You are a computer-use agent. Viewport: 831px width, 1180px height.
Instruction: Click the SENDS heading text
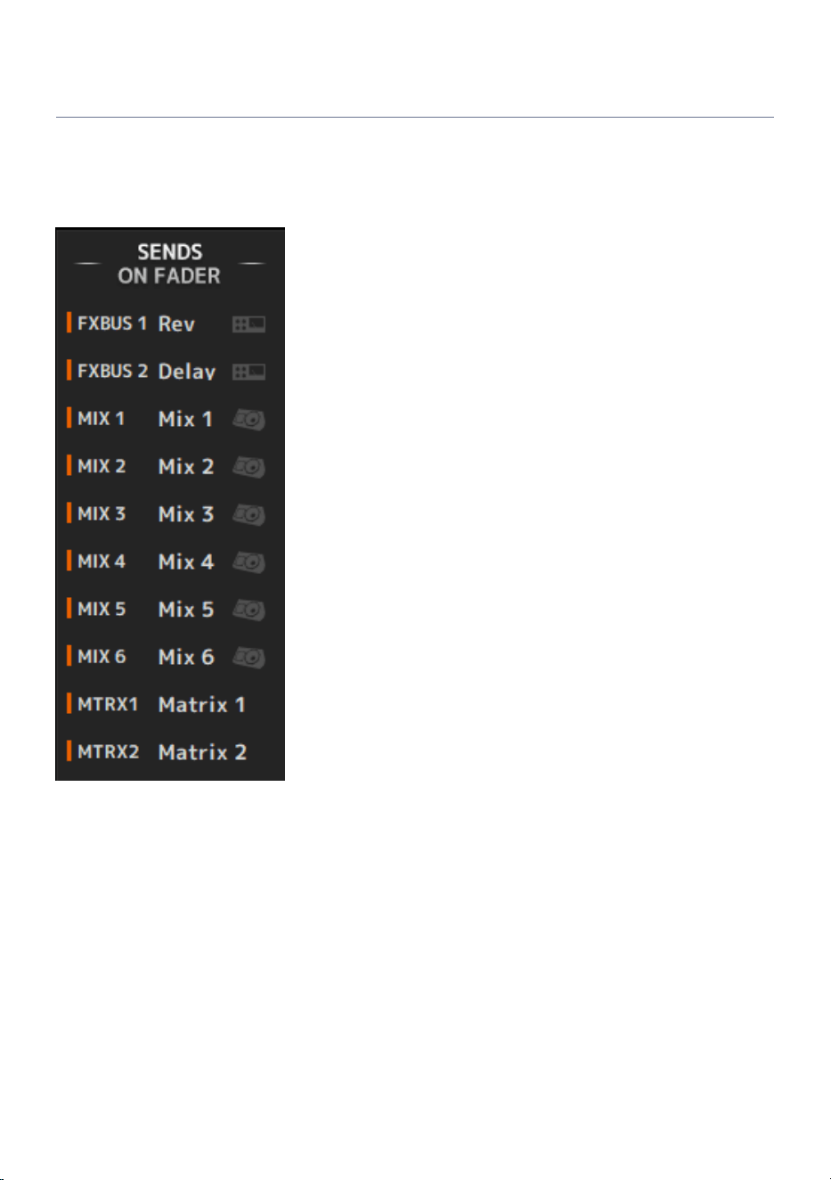coord(169,252)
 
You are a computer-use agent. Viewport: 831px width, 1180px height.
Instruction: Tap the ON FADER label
coord(168,275)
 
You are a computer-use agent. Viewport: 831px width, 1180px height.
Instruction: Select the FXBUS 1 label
coord(111,323)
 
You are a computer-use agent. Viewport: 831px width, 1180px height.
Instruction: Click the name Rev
coord(176,324)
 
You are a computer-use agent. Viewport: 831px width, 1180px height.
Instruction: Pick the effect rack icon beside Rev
coord(248,324)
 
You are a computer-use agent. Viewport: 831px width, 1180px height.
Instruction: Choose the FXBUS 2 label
coord(112,371)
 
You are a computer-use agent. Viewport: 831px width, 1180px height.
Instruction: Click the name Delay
coord(187,372)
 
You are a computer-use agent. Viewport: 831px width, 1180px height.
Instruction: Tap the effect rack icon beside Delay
coord(248,372)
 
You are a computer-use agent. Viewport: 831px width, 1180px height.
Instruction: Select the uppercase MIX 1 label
coord(102,418)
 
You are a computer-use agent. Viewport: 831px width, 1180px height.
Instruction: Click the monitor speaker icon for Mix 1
coord(249,420)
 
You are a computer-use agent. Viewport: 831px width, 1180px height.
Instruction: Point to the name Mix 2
coord(186,466)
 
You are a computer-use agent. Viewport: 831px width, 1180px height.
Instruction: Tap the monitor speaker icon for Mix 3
coord(249,514)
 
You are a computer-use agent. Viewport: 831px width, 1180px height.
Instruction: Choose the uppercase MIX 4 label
coord(102,561)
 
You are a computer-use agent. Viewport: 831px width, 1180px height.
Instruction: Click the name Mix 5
coord(186,609)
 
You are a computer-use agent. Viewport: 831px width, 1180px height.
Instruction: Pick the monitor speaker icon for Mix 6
coord(249,658)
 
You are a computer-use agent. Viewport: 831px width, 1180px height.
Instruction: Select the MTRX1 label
coord(108,704)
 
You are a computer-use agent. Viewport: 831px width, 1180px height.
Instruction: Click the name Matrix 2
coord(202,751)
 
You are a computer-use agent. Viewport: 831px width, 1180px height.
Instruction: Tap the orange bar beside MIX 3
coord(69,513)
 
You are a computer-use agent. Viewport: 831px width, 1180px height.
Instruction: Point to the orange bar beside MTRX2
coord(69,750)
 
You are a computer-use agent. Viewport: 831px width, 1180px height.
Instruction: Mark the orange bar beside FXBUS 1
coord(69,323)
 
